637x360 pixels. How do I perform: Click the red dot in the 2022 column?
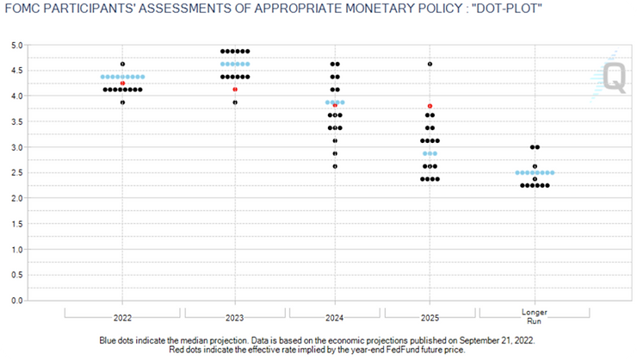pyautogui.click(x=123, y=84)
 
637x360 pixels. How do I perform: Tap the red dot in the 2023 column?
pyautogui.click(x=235, y=90)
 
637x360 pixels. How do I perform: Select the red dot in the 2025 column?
pyautogui.click(x=430, y=106)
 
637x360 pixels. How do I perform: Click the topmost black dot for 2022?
pyautogui.click(x=123, y=64)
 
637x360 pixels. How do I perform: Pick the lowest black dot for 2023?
pyautogui.click(x=235, y=102)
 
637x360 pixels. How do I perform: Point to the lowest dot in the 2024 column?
pyautogui.click(x=335, y=166)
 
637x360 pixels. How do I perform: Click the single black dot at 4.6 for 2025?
pyautogui.click(x=430, y=64)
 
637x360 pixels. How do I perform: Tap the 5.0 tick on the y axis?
pyautogui.click(x=17, y=44)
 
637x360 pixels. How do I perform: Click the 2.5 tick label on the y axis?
pyautogui.click(x=17, y=172)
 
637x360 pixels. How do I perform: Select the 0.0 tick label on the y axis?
pyautogui.click(x=17, y=301)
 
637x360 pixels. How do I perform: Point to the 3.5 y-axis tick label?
pyautogui.click(x=17, y=121)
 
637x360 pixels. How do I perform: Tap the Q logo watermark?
pyautogui.click(x=613, y=78)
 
